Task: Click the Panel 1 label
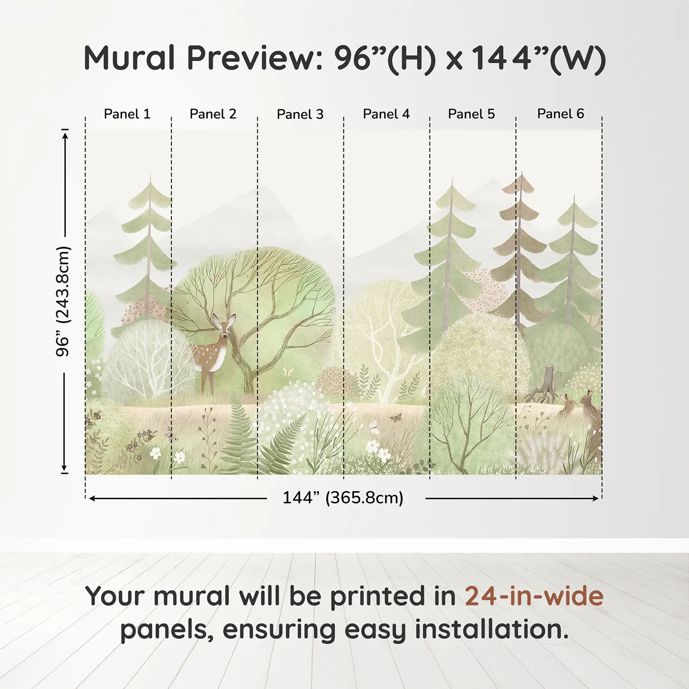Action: pos(127,114)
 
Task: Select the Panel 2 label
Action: pos(213,114)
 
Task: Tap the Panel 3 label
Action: pos(300,114)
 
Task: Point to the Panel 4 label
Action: pos(386,114)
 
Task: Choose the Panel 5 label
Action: pos(471,114)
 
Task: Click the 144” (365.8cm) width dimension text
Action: pos(343,498)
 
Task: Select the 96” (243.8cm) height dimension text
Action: pos(63,301)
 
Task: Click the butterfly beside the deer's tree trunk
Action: pos(288,372)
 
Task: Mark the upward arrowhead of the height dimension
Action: pos(64,136)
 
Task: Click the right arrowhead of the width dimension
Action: pos(595,498)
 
